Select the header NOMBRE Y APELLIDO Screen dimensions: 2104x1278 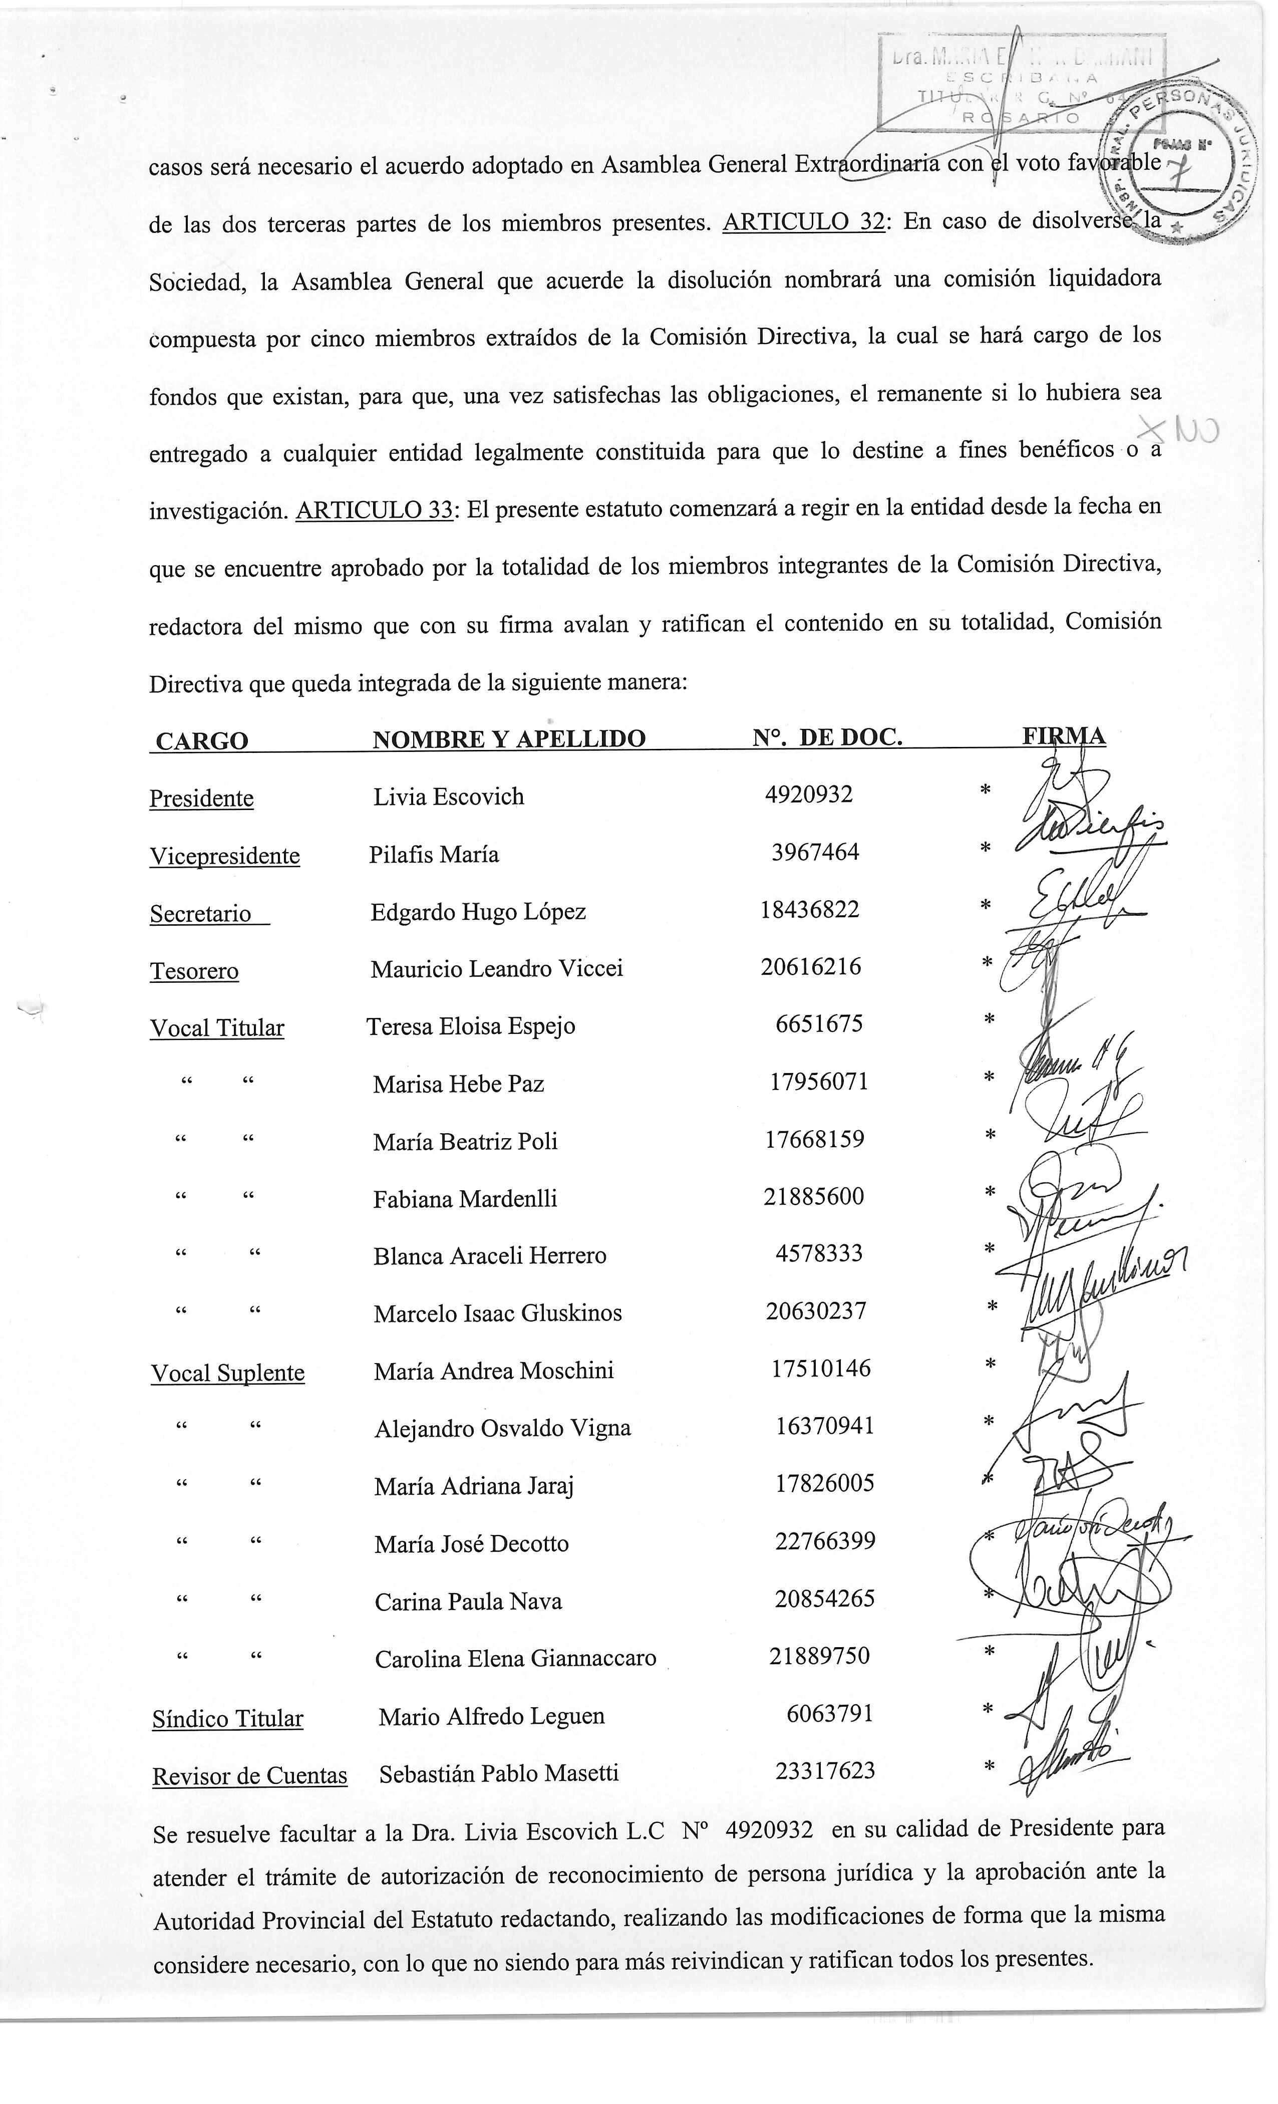509,738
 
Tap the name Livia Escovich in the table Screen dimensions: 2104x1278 448,797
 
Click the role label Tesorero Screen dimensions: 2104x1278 195,971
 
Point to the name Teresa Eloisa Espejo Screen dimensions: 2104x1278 470,1026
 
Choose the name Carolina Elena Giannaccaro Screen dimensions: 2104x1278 516,1658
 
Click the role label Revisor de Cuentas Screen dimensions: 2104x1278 250,1776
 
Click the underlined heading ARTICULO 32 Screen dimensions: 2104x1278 802,222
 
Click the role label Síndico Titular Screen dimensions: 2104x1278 228,1719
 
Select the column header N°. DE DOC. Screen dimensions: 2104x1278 827,737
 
